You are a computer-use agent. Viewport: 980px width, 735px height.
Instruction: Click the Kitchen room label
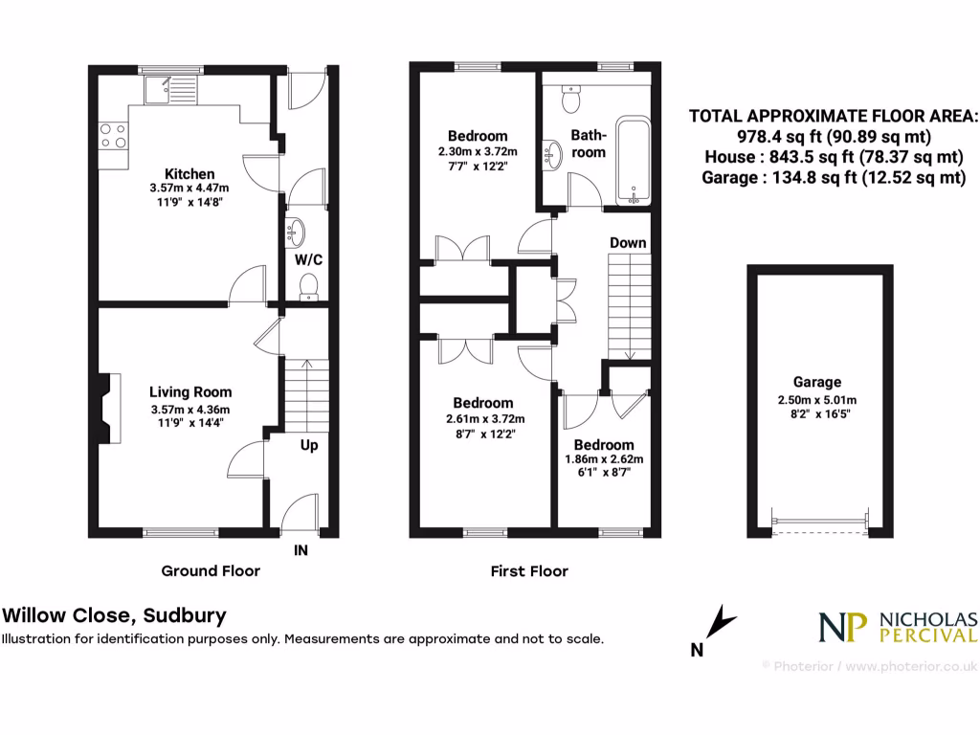coord(189,174)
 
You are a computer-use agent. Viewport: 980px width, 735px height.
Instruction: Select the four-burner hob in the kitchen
coord(114,137)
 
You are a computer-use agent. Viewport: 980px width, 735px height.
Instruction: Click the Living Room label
coord(189,391)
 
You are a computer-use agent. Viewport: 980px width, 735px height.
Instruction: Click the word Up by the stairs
coord(309,445)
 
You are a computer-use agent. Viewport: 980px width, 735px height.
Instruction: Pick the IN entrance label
coord(301,550)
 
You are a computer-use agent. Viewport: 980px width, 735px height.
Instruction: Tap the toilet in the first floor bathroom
coord(571,98)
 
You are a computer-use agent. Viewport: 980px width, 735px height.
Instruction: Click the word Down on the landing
coord(628,243)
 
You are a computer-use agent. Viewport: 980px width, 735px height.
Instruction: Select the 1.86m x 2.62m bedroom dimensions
coord(603,459)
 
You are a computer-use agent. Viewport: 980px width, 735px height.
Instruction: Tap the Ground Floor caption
coord(210,571)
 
